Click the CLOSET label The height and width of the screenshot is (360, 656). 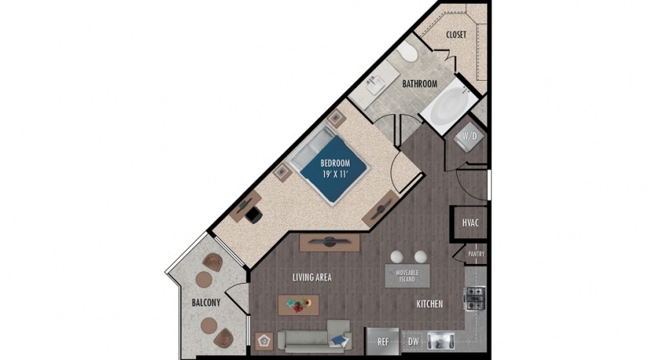456,34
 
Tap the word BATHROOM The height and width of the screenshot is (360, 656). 419,83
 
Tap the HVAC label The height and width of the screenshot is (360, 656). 470,222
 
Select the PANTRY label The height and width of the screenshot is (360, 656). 475,254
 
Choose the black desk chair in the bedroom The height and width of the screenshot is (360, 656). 253,214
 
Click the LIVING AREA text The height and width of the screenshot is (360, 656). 311,278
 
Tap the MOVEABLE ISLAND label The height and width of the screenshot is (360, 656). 406,276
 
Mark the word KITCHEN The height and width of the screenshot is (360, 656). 429,305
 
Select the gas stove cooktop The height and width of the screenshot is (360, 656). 476,298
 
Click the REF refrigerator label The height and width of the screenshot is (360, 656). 383,342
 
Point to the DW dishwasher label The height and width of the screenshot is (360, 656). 414,342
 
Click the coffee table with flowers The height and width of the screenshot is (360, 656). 298,305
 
